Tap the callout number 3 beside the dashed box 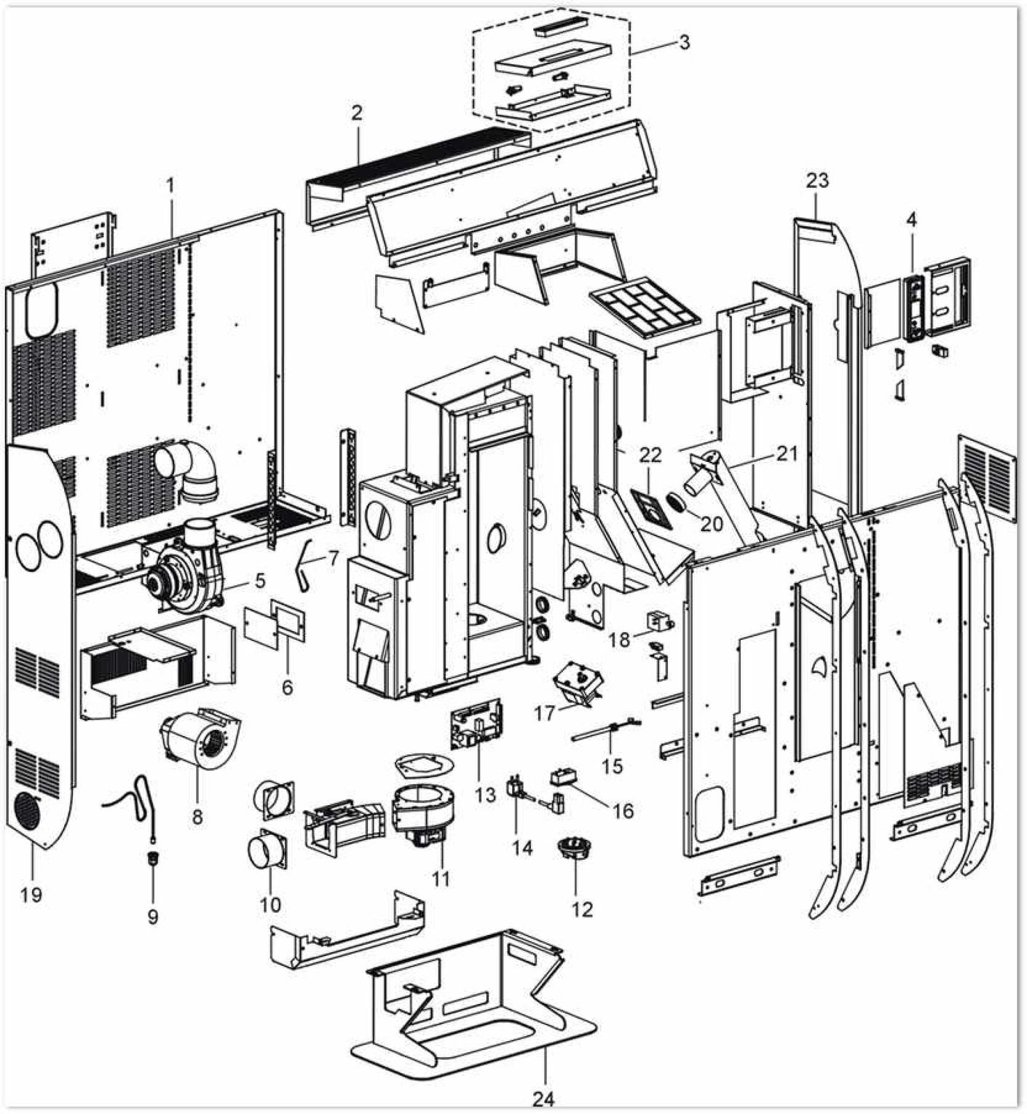pos(683,42)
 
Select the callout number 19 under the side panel pos(31,895)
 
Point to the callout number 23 pos(817,180)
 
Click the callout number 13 pos(484,794)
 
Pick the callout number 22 pos(650,455)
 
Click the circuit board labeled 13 pos(479,724)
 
